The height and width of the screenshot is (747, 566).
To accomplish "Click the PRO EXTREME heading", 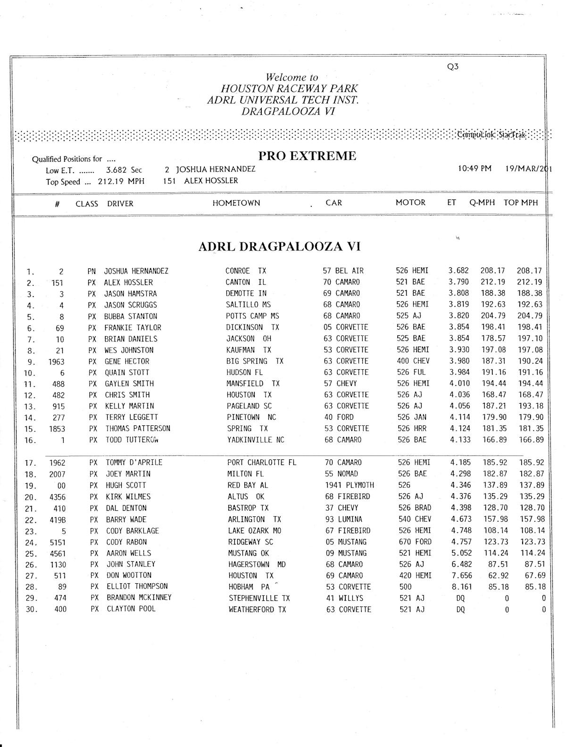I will pos(307,156).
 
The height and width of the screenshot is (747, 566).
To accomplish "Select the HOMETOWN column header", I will pos(236,203).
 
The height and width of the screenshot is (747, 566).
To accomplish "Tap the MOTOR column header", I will pos(410,203).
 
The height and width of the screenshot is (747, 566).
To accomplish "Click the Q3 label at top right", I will pos(452,66).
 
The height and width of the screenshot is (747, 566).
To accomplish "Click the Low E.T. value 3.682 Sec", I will pos(124,170).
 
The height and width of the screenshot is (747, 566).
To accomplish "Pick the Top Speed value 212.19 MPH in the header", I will pos(121,182).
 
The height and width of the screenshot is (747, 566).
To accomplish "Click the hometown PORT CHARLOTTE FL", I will pos(262,463).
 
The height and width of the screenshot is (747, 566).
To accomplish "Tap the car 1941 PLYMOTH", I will pos(349,485).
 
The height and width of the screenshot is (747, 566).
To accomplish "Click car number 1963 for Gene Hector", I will pos(56,362).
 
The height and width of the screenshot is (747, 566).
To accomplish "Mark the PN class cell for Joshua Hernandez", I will pos(92,272).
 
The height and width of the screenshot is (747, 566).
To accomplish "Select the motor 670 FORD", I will pos(415,542).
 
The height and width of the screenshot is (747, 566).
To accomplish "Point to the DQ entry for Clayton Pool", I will pos(460,610).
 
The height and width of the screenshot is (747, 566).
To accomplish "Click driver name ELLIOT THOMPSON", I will pos(137,587).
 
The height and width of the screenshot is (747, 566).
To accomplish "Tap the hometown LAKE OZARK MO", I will pos(254,531).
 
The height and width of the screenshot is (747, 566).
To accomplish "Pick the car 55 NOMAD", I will pos(341,474).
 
